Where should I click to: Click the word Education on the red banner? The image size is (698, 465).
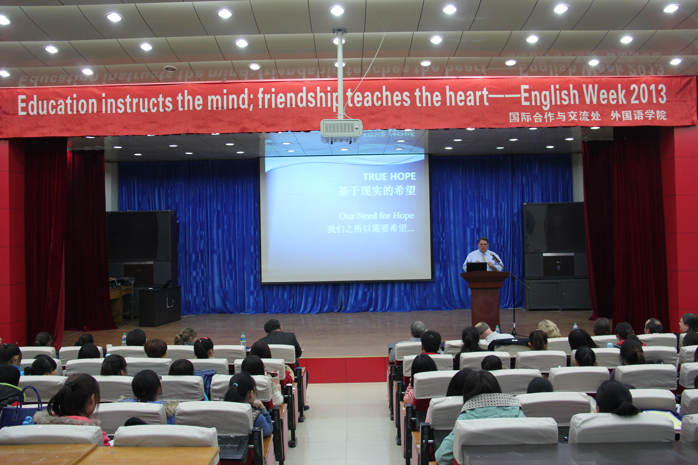click(x=57, y=104)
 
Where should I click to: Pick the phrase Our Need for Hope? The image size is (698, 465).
click(x=376, y=216)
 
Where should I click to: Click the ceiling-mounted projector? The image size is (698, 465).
click(x=341, y=131)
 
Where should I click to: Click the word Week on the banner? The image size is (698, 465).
click(x=604, y=95)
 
